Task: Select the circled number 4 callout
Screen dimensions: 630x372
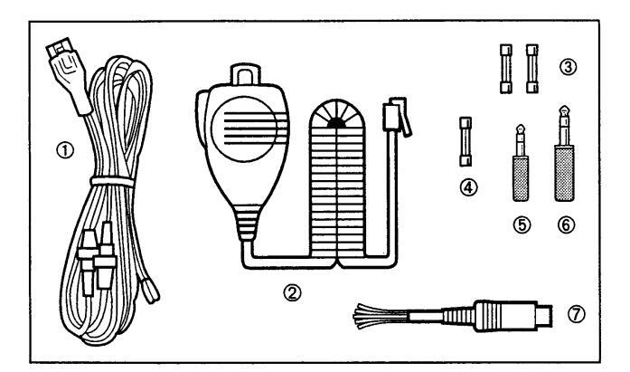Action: pyautogui.click(x=467, y=188)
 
